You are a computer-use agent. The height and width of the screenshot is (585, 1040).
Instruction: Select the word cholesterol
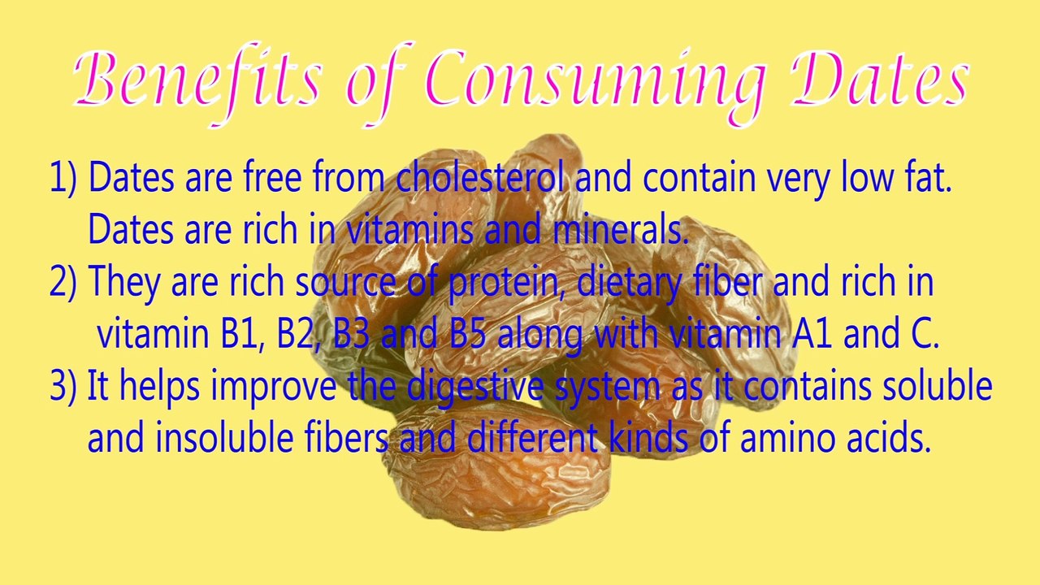[479, 178]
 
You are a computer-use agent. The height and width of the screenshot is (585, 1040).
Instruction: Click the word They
[123, 283]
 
